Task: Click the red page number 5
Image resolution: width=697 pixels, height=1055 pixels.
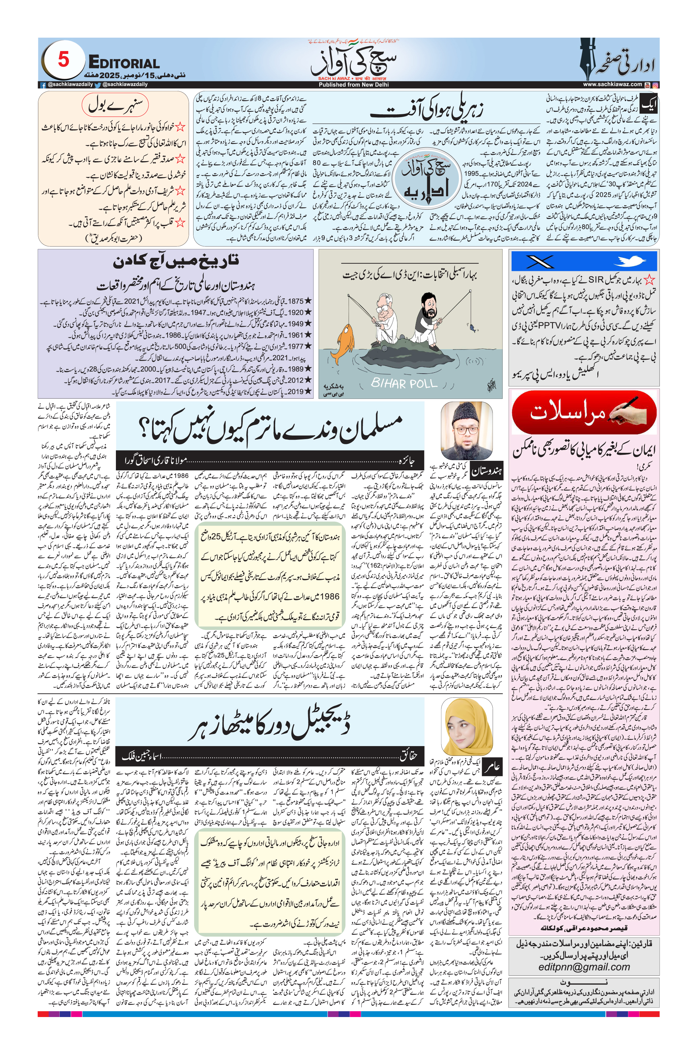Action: [64, 59]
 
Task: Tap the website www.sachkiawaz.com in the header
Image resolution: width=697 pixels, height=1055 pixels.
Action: [612, 84]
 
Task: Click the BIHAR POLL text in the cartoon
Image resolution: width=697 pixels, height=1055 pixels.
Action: [404, 383]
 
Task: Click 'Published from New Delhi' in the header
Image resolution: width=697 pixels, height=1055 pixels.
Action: [353, 84]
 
